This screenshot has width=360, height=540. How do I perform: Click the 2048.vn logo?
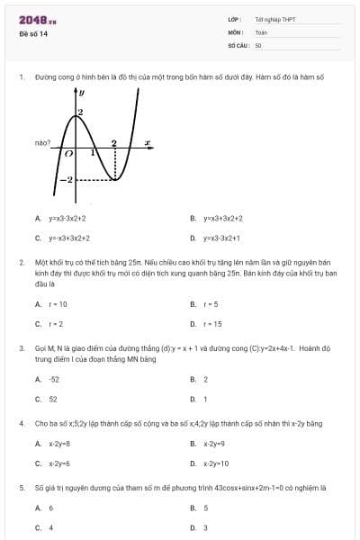click(37, 19)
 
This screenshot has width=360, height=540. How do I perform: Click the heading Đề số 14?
click(33, 34)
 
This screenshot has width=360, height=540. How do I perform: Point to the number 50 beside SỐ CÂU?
click(258, 44)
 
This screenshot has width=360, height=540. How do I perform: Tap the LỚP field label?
click(235, 19)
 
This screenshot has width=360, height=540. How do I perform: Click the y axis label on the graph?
click(82, 92)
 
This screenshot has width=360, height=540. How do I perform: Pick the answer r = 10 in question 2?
click(58, 304)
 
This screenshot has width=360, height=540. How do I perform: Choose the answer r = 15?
click(212, 324)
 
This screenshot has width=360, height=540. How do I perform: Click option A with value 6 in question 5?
click(51, 508)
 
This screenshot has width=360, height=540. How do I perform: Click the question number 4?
click(21, 422)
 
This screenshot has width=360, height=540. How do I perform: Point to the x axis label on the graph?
click(147, 141)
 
